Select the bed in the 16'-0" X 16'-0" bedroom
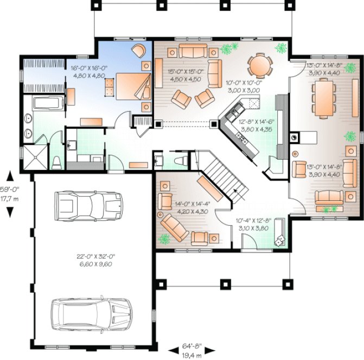(130, 86)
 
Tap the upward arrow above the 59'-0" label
(9, 176)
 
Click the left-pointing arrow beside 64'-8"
(174, 349)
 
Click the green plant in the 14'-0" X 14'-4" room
(164, 238)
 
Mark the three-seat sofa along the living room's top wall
(193, 52)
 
